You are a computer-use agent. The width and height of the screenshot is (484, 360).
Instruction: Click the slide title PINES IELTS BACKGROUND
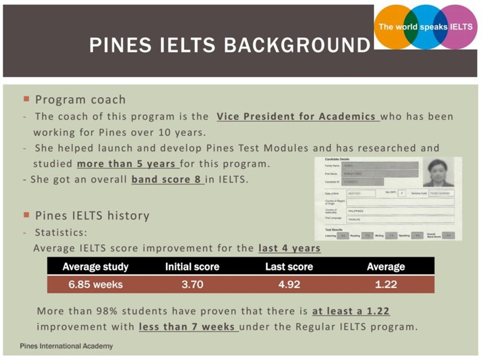point(230,45)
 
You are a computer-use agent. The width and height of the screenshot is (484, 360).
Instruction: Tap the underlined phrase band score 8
point(167,179)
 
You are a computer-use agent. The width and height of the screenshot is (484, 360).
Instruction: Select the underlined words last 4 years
point(289,248)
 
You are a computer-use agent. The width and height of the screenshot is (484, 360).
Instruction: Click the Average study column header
point(95,267)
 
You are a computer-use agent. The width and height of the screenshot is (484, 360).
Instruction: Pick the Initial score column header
point(192,267)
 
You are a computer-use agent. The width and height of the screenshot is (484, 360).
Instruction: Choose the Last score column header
point(289,267)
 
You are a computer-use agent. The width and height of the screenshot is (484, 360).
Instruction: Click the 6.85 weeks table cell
point(95,284)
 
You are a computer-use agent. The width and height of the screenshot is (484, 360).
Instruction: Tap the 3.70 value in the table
point(192,284)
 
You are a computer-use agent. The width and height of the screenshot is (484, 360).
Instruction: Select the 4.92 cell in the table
point(289,284)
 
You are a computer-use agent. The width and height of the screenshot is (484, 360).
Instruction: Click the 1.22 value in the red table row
point(386,284)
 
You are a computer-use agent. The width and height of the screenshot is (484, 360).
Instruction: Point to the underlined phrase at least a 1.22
point(351,311)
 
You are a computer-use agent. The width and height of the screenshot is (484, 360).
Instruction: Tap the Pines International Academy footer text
point(66,346)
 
